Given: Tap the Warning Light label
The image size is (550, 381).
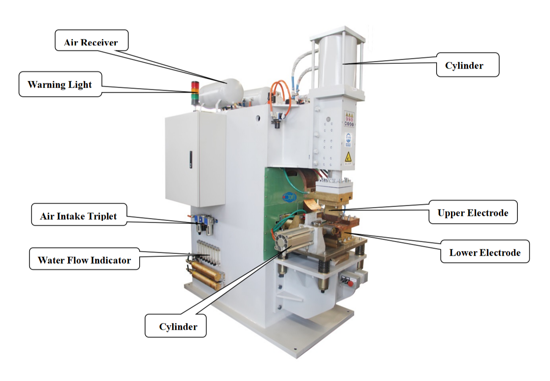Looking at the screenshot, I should (60, 84).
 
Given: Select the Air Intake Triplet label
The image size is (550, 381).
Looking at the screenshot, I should (79, 215).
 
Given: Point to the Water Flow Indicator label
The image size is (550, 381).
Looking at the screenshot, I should (84, 259).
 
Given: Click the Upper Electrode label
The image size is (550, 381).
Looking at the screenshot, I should (473, 212).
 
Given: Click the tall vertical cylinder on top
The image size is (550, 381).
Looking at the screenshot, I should (337, 61).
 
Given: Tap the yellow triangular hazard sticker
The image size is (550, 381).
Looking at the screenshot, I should (349, 156).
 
